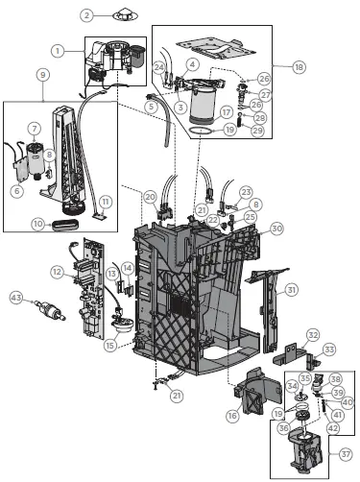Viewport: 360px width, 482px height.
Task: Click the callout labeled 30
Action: tap(276, 229)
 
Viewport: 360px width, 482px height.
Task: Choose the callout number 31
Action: tap(293, 289)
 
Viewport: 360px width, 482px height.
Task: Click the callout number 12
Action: tap(57, 273)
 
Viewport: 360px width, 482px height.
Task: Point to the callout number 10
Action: tap(38, 224)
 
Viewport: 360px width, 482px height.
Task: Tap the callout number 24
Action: tap(158, 66)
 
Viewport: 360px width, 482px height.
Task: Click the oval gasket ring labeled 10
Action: tap(70, 225)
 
